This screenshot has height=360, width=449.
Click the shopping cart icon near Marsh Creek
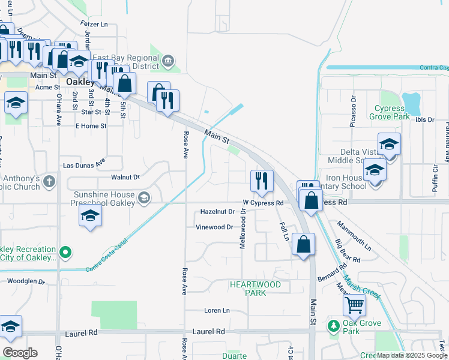pyautogui.click(x=354, y=304)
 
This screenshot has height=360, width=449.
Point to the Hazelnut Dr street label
pyautogui.click(x=217, y=212)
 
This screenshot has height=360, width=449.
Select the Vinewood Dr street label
pyautogui.click(x=214, y=227)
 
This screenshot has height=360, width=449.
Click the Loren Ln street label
pyautogui.click(x=217, y=310)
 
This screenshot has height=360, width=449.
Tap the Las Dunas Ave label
pyautogui.click(x=84, y=164)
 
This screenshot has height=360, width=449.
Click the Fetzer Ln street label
pyautogui.click(x=93, y=25)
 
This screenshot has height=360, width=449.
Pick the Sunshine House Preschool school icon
pyautogui.click(x=143, y=197)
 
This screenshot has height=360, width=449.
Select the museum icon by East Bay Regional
pyautogui.click(x=168, y=60)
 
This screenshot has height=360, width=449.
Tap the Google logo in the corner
pyautogui.click(x=20, y=353)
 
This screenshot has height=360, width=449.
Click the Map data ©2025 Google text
pyautogui.click(x=412, y=355)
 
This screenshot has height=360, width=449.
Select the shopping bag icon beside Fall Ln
pyautogui.click(x=304, y=245)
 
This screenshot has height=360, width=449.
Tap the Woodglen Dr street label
pyautogui.click(x=25, y=281)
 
